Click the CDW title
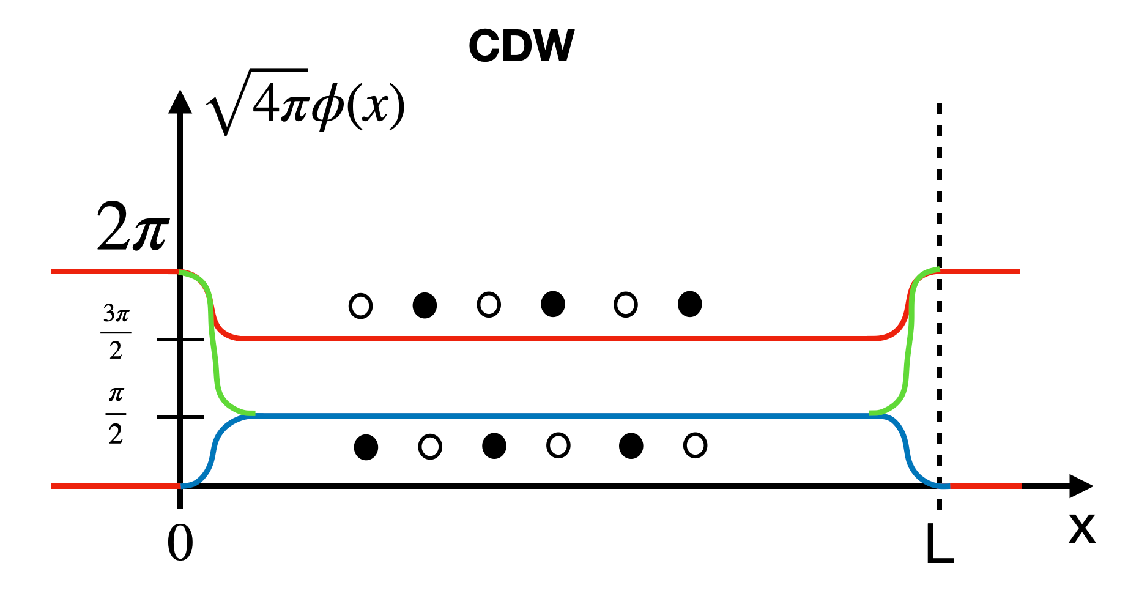pos(521,47)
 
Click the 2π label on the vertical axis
pos(133,227)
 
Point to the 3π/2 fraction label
pos(116,332)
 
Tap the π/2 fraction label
pos(116,415)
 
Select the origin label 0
pos(180,543)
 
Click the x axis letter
pos(1081,528)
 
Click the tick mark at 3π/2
pos(180,340)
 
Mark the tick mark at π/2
pos(180,417)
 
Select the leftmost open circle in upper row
pos(360,305)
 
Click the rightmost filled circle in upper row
pos(689,304)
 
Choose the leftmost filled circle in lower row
pos(366,447)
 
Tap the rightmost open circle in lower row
pos(695,445)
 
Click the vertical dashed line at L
pos(939,184)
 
